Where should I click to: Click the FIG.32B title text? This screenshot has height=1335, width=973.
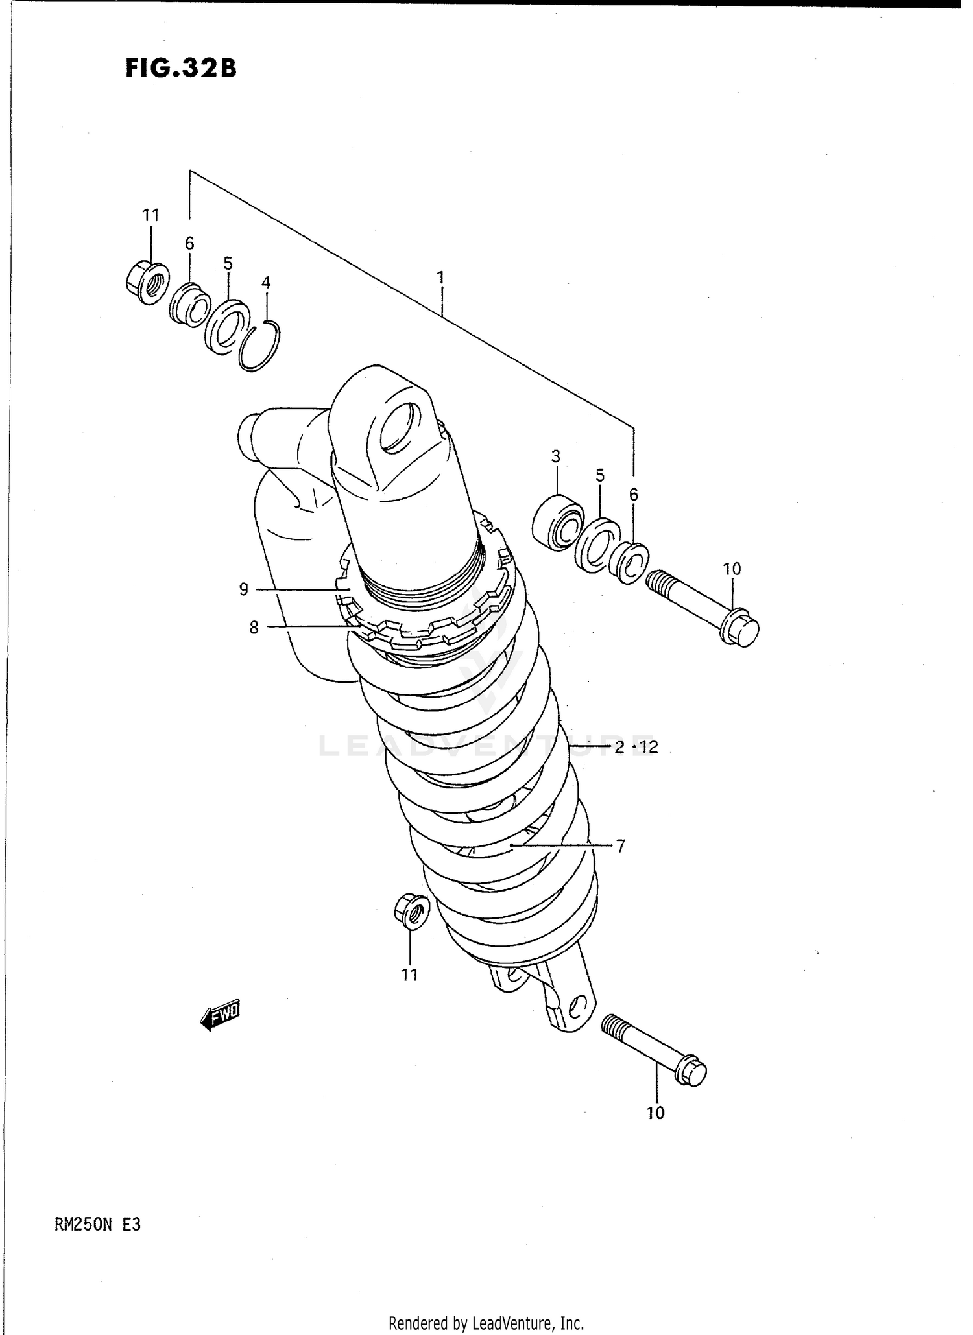(x=181, y=68)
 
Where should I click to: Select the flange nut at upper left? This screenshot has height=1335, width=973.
(x=147, y=283)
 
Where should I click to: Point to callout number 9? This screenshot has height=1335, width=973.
(x=244, y=589)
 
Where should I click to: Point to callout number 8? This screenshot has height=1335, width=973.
(x=254, y=627)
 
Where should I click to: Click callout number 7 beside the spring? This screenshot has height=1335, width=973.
(x=620, y=845)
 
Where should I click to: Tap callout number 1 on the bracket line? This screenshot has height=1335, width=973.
(x=440, y=278)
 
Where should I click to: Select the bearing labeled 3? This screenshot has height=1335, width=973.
(x=557, y=522)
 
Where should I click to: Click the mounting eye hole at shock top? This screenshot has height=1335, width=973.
(x=395, y=427)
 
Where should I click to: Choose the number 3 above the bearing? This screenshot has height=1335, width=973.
(x=556, y=456)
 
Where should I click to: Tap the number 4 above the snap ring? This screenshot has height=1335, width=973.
(x=266, y=283)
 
